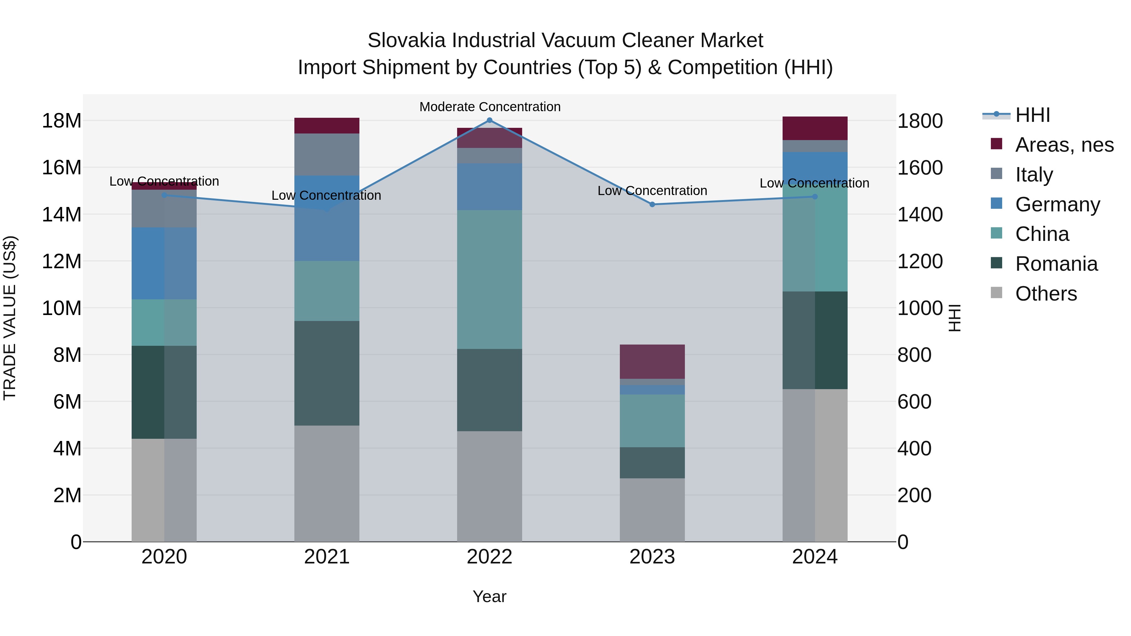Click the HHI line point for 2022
[489, 120]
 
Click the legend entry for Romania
[1056, 264]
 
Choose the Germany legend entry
[1057, 204]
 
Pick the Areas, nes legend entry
[1064, 145]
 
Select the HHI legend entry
[1032, 115]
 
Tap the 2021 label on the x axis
[327, 557]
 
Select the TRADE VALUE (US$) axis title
[10, 318]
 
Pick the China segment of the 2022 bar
[489, 280]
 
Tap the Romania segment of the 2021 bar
[327, 373]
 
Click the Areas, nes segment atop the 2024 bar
[815, 128]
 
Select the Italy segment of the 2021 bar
[327, 155]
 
